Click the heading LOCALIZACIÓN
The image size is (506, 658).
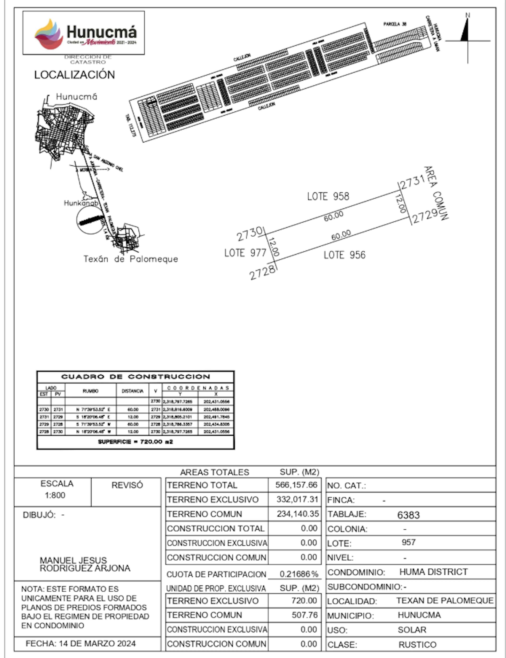(74, 75)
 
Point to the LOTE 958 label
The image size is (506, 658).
(328, 196)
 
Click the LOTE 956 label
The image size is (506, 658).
(345, 255)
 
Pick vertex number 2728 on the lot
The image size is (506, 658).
(262, 273)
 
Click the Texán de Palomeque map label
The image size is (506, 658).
(131, 259)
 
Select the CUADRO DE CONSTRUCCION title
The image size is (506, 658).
(135, 377)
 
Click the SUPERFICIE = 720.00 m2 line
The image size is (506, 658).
(135, 442)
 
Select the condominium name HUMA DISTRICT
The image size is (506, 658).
(433, 572)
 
